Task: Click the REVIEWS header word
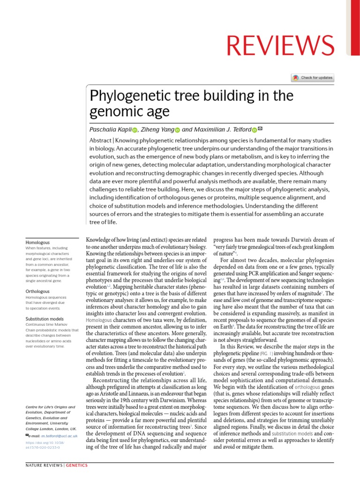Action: tap(281, 45)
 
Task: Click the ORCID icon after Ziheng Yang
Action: tap(177, 130)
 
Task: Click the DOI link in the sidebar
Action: tap(45, 444)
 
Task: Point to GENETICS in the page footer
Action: tap(76, 465)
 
